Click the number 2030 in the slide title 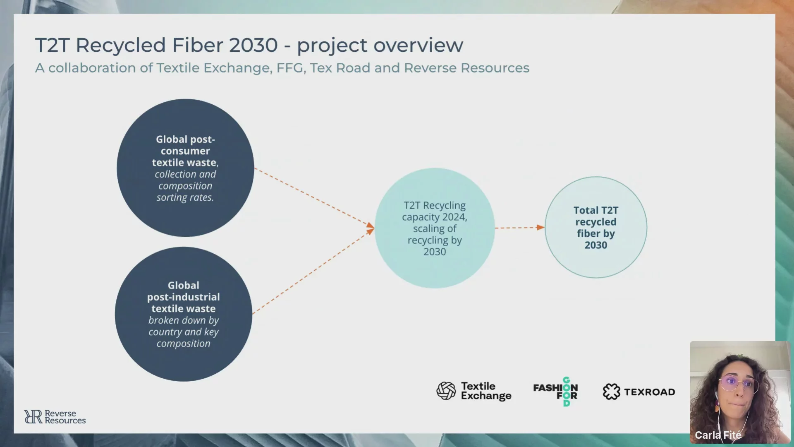(x=253, y=45)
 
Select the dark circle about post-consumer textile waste (x=185, y=168)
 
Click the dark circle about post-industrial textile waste (x=184, y=314)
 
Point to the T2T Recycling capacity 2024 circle (x=435, y=228)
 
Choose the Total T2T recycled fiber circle (x=596, y=227)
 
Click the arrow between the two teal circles (x=520, y=227)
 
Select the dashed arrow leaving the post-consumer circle (x=314, y=197)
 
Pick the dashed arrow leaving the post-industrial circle (x=313, y=271)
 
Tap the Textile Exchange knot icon (x=446, y=391)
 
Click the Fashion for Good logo (x=555, y=392)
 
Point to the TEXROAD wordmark (x=650, y=392)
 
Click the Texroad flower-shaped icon (x=611, y=392)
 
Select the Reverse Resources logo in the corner (x=55, y=417)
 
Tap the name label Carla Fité (x=718, y=435)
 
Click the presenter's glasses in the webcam (x=739, y=384)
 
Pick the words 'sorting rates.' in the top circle (x=185, y=198)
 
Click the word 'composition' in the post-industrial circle (x=183, y=344)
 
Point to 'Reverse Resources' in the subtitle (x=466, y=68)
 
